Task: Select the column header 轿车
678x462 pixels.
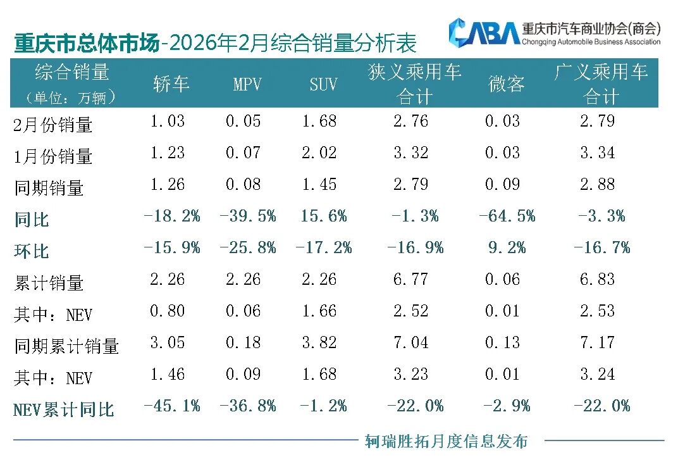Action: pos(171,84)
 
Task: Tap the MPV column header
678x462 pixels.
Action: pos(247,84)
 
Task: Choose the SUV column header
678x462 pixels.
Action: pos(323,84)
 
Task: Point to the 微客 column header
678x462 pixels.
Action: pos(507,84)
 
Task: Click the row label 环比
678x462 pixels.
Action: pos(32,251)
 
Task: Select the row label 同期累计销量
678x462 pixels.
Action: pos(66,346)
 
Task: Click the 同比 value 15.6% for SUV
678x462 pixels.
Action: pos(324,216)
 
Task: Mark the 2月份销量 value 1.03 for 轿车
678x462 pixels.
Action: pos(168,121)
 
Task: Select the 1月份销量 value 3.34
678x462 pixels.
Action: pos(597,153)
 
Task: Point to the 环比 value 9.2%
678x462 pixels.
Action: pos(505,247)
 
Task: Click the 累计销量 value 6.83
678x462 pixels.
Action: pos(597,279)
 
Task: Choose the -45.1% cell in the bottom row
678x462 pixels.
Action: pos(172,406)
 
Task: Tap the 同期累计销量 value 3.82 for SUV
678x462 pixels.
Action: pos(319,342)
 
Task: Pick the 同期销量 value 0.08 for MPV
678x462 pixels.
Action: pos(243,184)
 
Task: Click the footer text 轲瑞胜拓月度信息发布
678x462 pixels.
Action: pos(446,441)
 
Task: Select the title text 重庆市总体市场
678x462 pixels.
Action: pos(86,44)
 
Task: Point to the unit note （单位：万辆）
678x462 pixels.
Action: pos(71,98)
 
